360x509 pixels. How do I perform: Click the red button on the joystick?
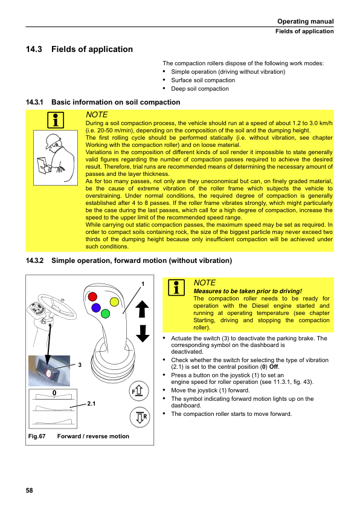coord(92,296)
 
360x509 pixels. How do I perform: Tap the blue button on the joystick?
coord(96,307)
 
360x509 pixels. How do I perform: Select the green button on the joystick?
coord(106,314)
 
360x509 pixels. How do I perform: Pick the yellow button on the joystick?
coord(115,302)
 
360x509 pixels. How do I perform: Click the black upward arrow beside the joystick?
coord(142,309)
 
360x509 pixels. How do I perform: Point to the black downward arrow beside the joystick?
coord(143,333)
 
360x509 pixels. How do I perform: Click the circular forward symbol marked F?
coord(139,391)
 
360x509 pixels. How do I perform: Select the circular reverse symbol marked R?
coord(140,417)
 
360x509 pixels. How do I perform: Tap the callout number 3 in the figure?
coord(80,365)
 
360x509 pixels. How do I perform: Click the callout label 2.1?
coord(91,403)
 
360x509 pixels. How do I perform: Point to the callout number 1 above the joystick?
coord(143,284)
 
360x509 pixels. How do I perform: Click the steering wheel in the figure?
coord(57,306)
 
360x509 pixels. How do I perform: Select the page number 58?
coord(29,490)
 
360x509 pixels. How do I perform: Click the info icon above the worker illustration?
coord(56,120)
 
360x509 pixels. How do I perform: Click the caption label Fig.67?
coord(37,436)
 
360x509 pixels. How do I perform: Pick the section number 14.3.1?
coord(34,102)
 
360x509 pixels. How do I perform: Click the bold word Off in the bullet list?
coord(274,367)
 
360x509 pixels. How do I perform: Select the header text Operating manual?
coord(306,21)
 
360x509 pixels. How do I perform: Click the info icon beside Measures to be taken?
coord(176,288)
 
